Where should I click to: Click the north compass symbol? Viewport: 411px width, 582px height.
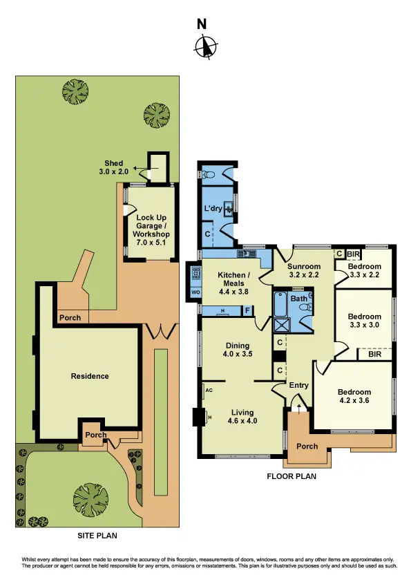(x=204, y=46)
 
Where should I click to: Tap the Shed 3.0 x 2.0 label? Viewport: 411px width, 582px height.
(x=115, y=167)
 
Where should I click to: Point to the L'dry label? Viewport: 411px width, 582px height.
(x=212, y=208)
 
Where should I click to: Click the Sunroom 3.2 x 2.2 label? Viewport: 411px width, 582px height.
(x=304, y=270)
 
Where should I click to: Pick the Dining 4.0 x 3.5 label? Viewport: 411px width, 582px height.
(x=237, y=350)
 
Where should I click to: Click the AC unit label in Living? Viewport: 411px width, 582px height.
(x=208, y=390)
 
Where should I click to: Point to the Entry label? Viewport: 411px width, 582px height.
(x=299, y=386)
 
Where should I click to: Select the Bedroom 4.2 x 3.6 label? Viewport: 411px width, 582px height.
(x=354, y=396)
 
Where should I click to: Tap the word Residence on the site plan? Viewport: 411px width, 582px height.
(x=90, y=376)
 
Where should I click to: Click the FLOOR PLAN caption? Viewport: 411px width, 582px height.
(x=291, y=476)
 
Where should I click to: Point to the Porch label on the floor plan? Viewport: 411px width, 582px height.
(x=307, y=446)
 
